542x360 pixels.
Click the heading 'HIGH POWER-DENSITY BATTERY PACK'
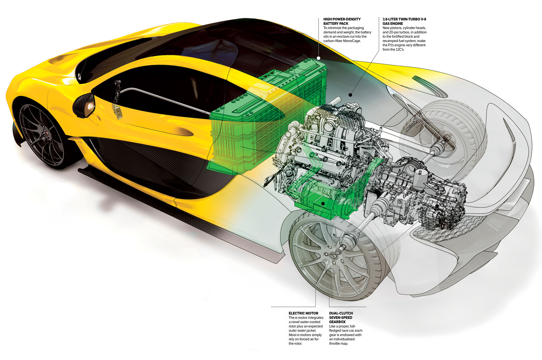tap(342, 21)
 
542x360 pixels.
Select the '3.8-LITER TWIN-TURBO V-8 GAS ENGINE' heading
tap(404, 21)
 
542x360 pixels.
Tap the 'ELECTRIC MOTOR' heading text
tap(303, 313)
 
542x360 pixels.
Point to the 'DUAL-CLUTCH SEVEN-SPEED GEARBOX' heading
tap(341, 317)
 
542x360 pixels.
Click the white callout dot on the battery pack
tap(318, 58)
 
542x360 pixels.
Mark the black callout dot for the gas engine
tap(350, 95)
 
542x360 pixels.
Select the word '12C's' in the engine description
tap(400, 49)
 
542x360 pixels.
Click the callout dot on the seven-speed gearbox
tap(437, 206)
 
